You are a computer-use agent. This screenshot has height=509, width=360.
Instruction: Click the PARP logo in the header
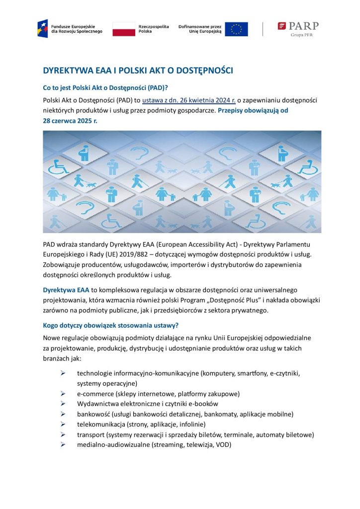pyautogui.click(x=298, y=26)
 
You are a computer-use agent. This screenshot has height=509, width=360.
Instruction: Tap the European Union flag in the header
pyautogui.click(x=236, y=29)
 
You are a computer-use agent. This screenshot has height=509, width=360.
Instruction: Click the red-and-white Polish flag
pyautogui.click(x=124, y=29)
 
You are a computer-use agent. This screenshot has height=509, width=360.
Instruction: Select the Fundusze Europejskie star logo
pyautogui.click(x=43, y=28)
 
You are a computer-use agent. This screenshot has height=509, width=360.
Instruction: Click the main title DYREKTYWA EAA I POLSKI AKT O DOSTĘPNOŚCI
pyautogui.click(x=138, y=71)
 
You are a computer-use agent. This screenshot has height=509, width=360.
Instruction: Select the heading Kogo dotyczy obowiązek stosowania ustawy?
pyautogui.click(x=110, y=326)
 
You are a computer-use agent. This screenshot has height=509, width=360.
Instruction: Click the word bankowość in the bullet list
pyautogui.click(x=93, y=414)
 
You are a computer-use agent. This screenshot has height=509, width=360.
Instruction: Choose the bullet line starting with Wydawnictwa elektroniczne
pyautogui.click(x=147, y=404)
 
